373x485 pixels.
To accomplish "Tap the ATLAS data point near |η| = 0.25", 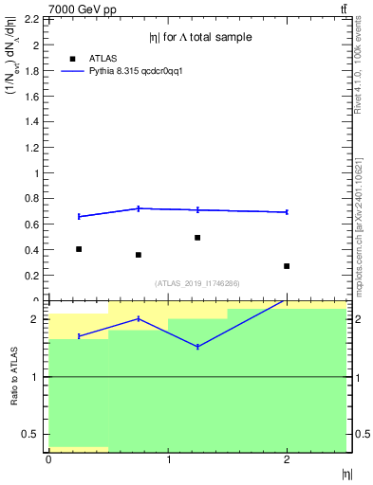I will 79,249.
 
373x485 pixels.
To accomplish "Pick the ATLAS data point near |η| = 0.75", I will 139,255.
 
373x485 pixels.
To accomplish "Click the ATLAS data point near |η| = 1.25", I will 197,238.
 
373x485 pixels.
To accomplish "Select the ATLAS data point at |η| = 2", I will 287,266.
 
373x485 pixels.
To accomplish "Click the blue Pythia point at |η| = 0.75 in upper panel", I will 139,208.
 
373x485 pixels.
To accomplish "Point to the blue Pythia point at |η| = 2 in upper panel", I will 287,212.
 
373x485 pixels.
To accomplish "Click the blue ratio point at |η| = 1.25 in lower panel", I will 197,347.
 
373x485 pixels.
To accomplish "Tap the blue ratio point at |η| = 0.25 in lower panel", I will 79,336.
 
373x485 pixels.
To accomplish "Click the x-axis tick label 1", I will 168,459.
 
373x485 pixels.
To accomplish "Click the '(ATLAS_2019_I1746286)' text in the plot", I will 196,283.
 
